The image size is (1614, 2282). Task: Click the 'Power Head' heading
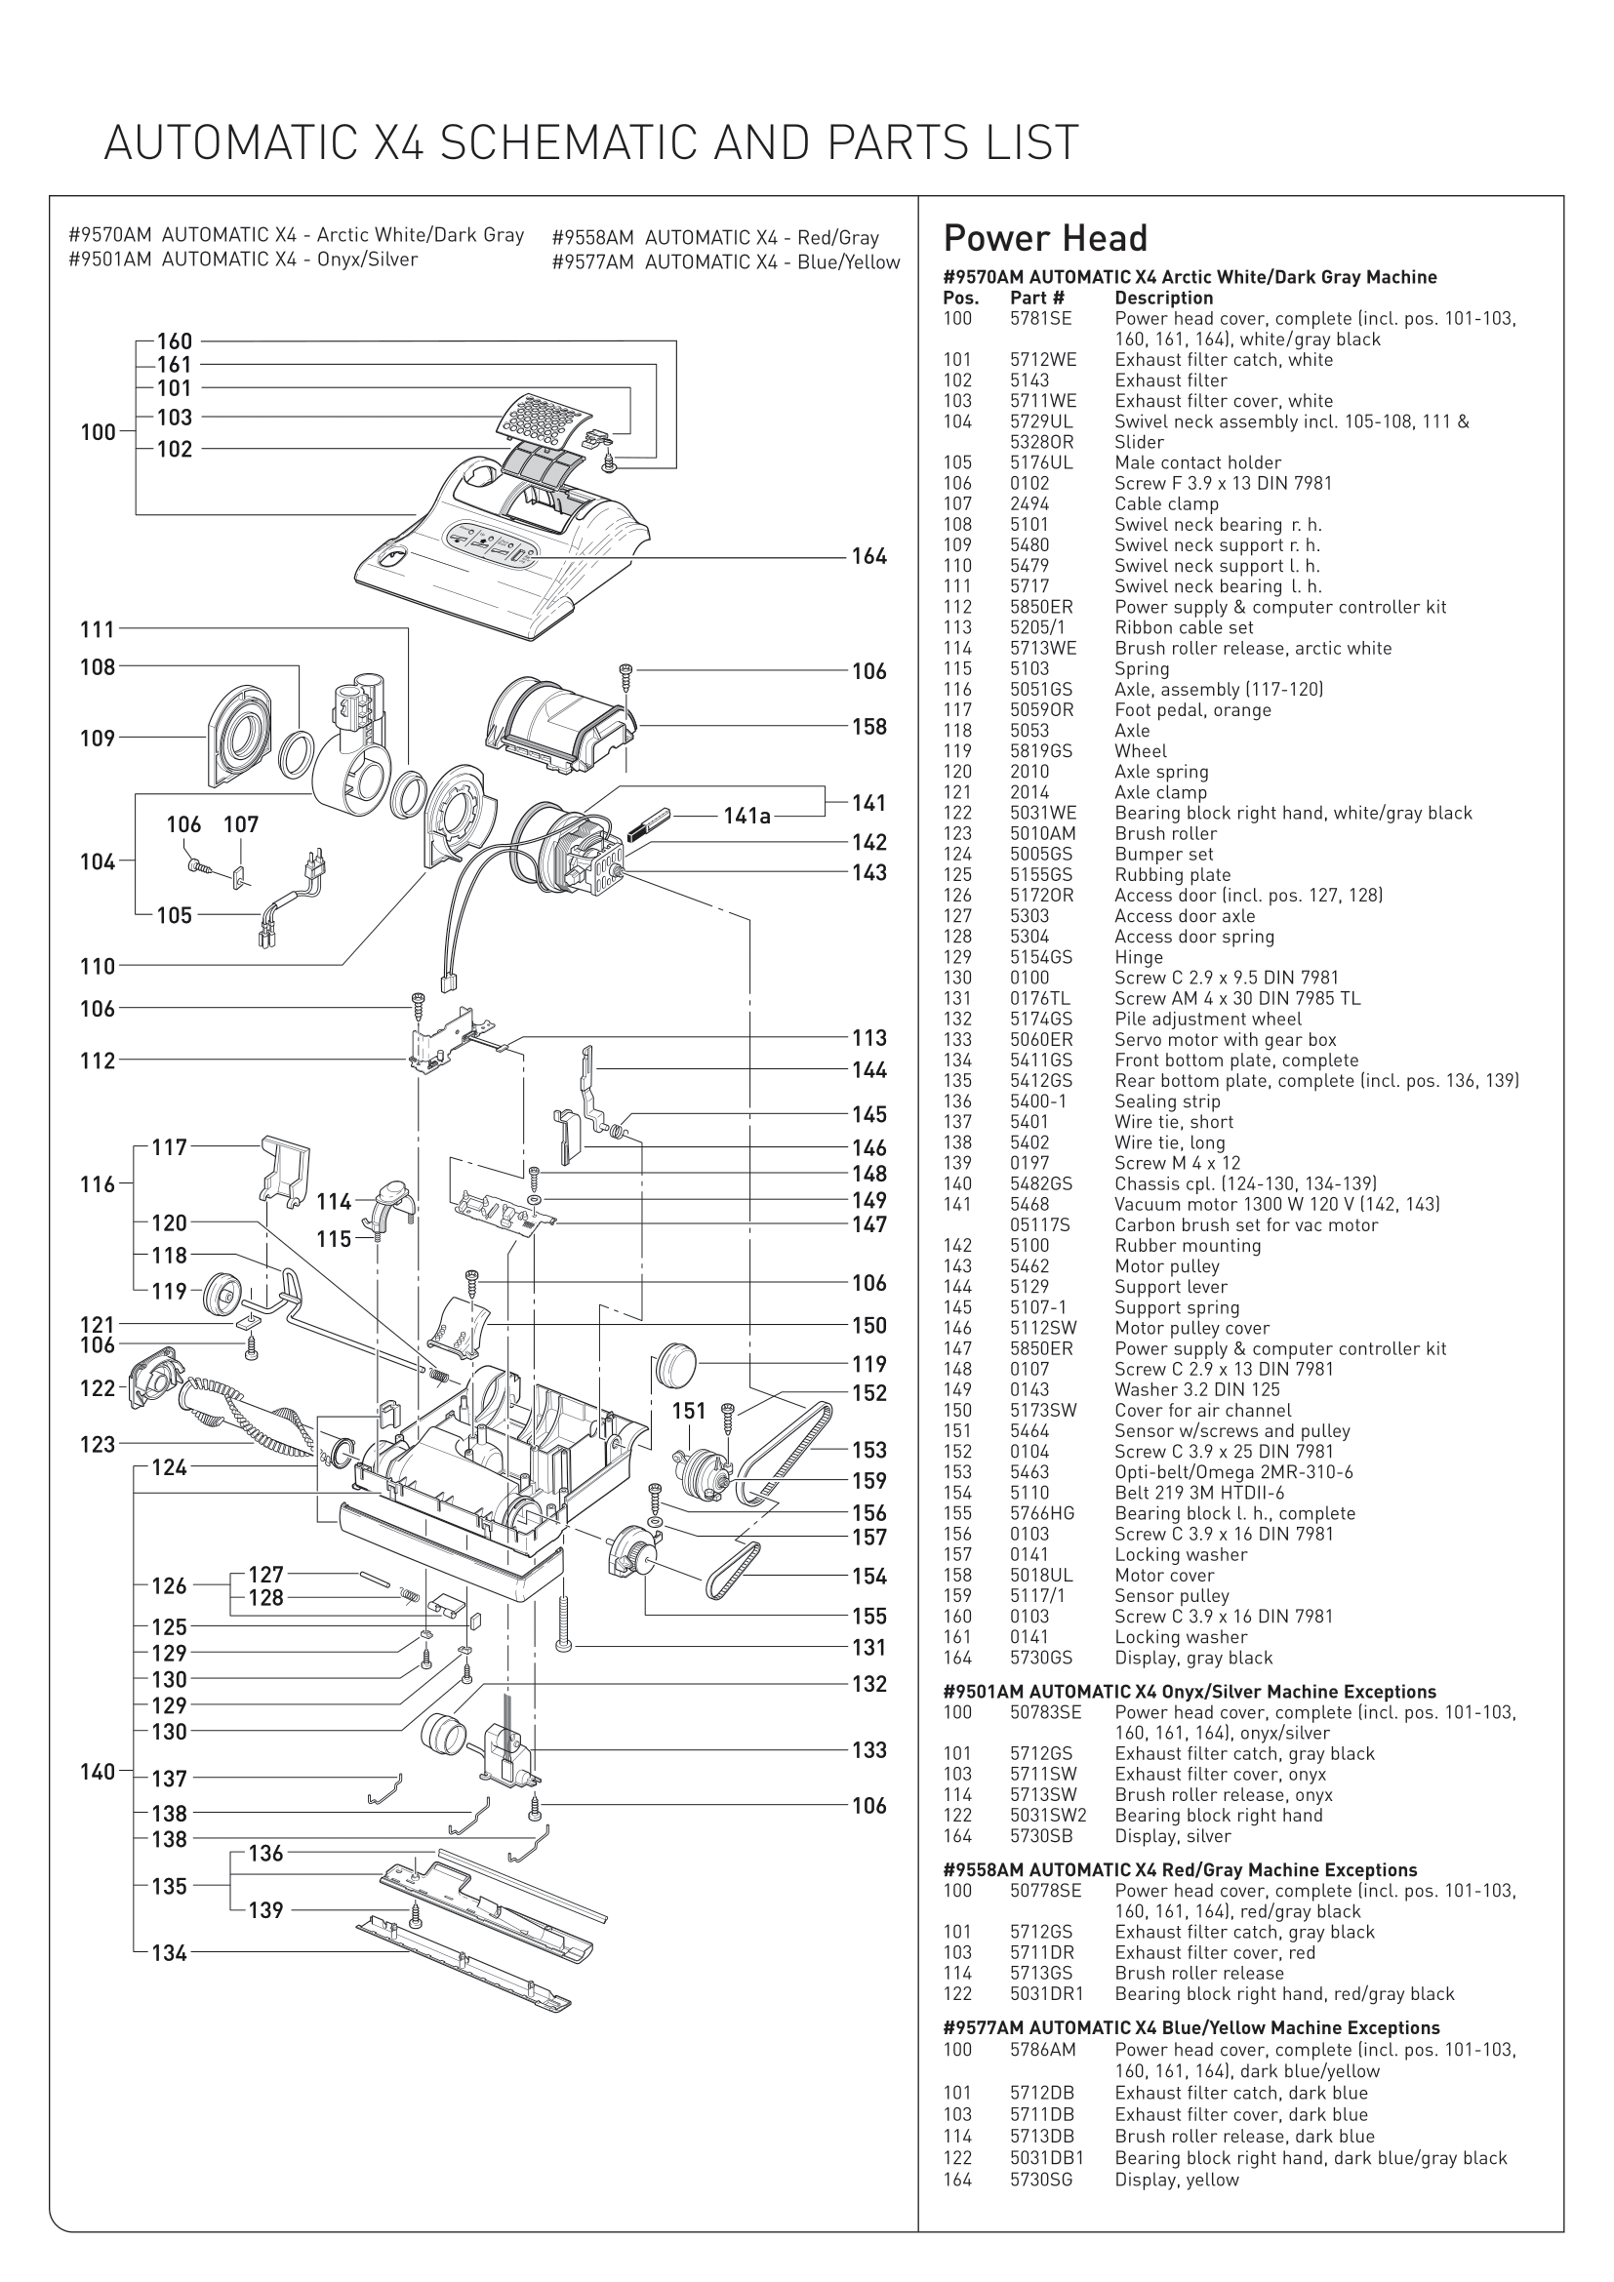click(1044, 238)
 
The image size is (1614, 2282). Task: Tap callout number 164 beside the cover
click(868, 556)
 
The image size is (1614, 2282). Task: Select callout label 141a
click(746, 816)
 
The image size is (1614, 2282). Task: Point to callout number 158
click(868, 727)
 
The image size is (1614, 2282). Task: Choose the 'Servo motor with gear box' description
click(1226, 1040)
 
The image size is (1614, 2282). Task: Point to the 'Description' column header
click(1164, 299)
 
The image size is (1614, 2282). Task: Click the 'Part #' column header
click(1037, 299)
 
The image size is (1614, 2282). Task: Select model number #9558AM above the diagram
click(592, 237)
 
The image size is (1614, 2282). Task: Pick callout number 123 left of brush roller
click(98, 1444)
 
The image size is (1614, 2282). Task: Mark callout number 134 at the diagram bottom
click(169, 1953)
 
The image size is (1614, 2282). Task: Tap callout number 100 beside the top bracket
click(98, 432)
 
